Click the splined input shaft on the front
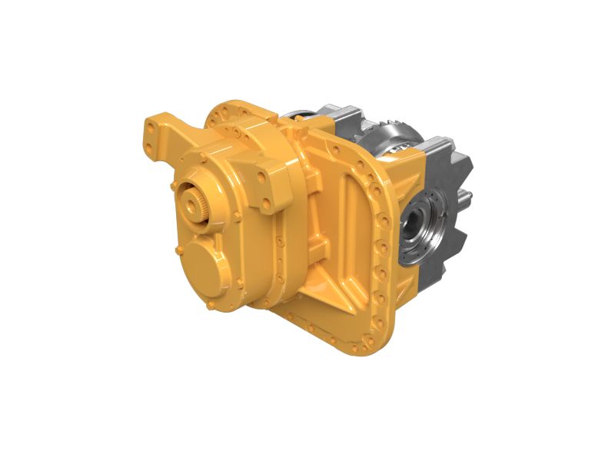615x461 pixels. (191, 205)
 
